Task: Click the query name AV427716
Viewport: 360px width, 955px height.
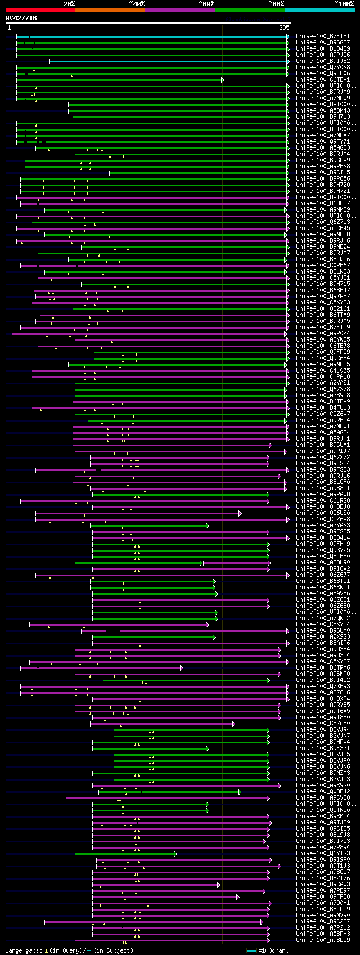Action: click(21, 18)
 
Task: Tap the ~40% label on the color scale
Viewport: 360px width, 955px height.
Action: click(137, 4)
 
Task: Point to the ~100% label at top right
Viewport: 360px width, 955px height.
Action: click(344, 4)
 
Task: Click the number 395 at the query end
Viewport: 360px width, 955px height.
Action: click(284, 27)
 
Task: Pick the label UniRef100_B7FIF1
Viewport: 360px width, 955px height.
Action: click(323, 36)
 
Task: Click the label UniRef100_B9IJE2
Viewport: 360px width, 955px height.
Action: click(323, 61)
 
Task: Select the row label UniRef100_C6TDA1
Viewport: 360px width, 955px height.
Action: click(323, 79)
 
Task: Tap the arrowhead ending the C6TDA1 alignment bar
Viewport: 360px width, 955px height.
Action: click(223, 80)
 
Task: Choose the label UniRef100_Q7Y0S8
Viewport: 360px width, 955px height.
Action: click(323, 67)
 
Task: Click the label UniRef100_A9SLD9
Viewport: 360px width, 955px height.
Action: click(323, 940)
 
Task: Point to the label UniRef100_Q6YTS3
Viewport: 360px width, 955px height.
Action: click(323, 853)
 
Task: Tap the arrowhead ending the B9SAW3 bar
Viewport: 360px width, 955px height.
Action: click(218, 885)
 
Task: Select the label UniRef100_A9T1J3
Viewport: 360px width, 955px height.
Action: click(323, 866)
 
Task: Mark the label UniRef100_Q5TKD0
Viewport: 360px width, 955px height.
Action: click(323, 810)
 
